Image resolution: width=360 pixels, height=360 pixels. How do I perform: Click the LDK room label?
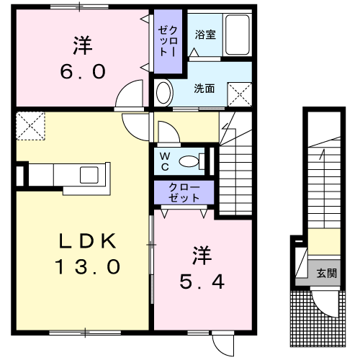coord(88,240)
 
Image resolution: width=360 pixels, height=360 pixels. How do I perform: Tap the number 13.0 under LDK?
coord(88,266)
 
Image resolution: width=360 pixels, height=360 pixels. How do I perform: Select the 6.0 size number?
coord(83,71)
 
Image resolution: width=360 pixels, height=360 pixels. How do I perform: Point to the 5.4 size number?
coord(202,282)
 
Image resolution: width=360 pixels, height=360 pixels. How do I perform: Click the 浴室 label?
coord(205,35)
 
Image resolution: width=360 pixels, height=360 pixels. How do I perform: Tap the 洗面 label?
coord(204,89)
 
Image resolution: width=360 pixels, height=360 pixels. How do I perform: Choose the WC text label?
coord(165,162)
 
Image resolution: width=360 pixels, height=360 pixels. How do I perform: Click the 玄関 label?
coord(327,273)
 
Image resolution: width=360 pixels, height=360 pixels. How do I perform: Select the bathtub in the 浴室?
coord(237,35)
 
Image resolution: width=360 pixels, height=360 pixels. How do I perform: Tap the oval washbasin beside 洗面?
coord(164,92)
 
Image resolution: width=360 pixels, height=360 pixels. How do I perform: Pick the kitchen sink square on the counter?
coord(89,175)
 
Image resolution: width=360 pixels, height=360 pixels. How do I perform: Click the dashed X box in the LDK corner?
coord(30,126)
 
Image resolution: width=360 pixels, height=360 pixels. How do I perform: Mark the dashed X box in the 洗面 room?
coord(240,94)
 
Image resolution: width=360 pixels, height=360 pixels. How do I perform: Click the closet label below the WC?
coord(184,192)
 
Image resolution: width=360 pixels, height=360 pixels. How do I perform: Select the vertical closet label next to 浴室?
coord(168,41)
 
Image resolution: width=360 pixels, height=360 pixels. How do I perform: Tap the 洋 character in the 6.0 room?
coord(83,45)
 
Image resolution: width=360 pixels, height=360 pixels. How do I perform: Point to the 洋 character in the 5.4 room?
coord(202,255)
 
